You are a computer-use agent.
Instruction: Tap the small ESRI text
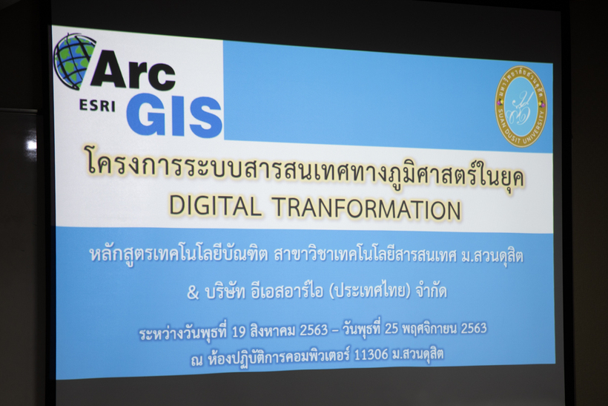pyautogui.click(x=97, y=105)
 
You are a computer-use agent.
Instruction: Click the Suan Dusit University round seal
pyautogui.click(x=521, y=106)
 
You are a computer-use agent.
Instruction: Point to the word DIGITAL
pyautogui.click(x=215, y=206)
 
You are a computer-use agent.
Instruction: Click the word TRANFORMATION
pyautogui.click(x=367, y=209)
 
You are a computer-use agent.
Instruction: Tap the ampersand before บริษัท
pyautogui.click(x=193, y=292)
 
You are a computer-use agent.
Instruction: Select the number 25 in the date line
pyautogui.click(x=391, y=329)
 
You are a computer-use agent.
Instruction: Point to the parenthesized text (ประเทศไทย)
pyautogui.click(x=369, y=291)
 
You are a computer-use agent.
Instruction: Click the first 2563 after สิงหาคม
pyautogui.click(x=314, y=330)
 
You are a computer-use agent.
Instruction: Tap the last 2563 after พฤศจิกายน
pyautogui.click(x=474, y=328)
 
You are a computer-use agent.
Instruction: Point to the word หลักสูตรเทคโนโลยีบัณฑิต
pyautogui.click(x=179, y=255)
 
